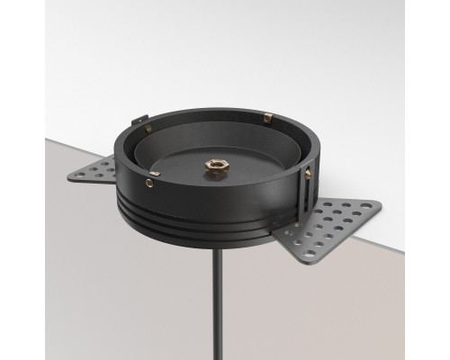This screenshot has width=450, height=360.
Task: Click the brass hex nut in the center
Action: pyautogui.click(x=218, y=165)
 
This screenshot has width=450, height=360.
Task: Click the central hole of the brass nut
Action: pyautogui.click(x=218, y=165)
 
